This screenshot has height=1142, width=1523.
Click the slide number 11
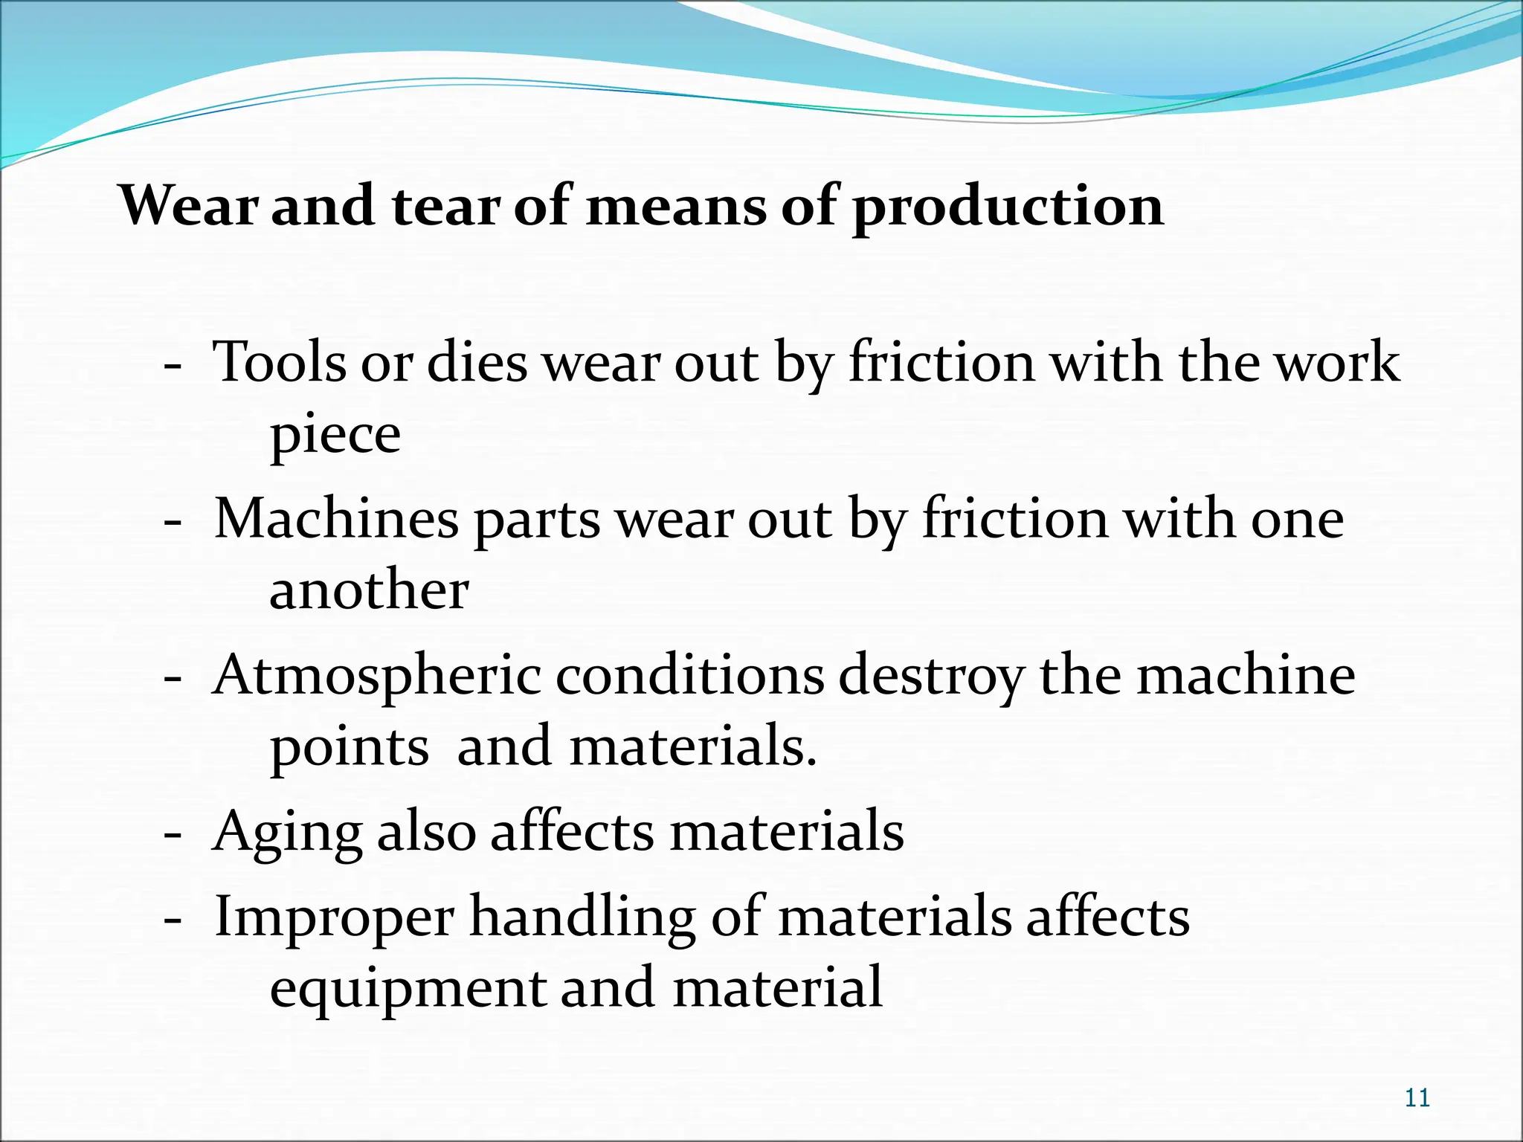point(1417,1098)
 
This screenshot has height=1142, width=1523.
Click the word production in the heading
point(1008,207)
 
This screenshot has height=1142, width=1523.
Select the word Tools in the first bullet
point(280,363)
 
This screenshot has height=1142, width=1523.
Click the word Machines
point(336,519)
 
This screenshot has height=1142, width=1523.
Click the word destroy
point(931,677)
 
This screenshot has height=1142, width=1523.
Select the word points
point(349,747)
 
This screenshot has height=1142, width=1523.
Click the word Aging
point(287,833)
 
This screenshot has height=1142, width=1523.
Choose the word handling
point(582,917)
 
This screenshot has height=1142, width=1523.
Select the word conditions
point(689,675)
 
